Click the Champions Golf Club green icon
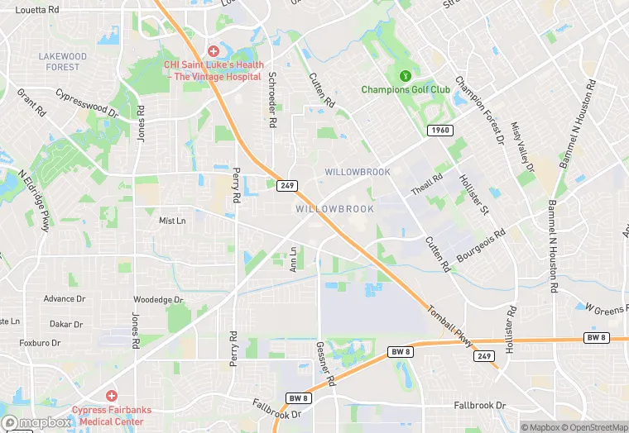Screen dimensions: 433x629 click(x=406, y=76)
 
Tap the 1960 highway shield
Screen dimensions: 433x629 click(x=440, y=131)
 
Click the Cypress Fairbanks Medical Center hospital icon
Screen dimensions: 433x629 click(x=111, y=396)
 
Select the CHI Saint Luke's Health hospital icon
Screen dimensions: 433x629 click(x=214, y=51)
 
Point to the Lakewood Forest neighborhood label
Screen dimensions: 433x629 click(x=62, y=62)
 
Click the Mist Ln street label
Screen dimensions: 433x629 click(x=172, y=221)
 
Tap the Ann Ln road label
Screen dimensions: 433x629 click(x=293, y=259)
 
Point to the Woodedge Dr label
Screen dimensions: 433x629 click(x=158, y=300)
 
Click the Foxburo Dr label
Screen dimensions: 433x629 click(x=41, y=342)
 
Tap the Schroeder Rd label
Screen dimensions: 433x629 click(x=271, y=99)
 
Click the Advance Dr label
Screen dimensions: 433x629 click(x=65, y=299)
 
